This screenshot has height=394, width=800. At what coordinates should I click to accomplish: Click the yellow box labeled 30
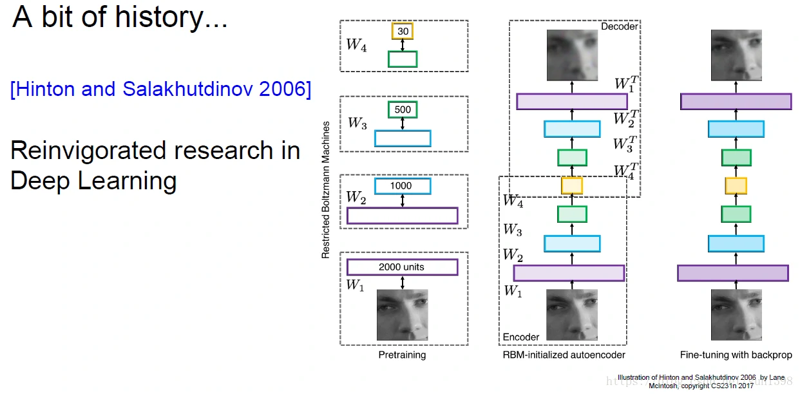point(403,31)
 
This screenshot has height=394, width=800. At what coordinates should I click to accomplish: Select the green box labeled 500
point(403,109)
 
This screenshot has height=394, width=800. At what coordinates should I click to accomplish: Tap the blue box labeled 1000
point(403,186)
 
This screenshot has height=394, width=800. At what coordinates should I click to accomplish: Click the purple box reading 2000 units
point(402,267)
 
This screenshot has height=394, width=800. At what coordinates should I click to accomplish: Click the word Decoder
point(619,27)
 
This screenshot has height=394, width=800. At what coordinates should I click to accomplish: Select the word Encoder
point(520,337)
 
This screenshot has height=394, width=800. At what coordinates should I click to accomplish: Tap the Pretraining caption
point(402,355)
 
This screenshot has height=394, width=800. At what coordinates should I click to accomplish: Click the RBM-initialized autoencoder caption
point(564,355)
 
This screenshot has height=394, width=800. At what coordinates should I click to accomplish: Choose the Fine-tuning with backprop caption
point(736,355)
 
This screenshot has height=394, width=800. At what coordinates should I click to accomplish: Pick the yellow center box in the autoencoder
point(571,185)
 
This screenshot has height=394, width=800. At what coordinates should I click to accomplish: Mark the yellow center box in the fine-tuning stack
point(736,185)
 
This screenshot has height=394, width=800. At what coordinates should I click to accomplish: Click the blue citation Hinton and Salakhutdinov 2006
point(160,89)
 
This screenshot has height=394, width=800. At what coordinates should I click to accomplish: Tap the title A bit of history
point(120,18)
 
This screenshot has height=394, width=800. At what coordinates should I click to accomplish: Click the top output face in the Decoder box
point(572,55)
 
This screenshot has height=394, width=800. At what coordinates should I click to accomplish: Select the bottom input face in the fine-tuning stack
point(736,314)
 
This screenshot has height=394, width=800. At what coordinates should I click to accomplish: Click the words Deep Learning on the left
point(93,181)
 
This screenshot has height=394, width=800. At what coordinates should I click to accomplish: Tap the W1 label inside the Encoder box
point(512,291)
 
